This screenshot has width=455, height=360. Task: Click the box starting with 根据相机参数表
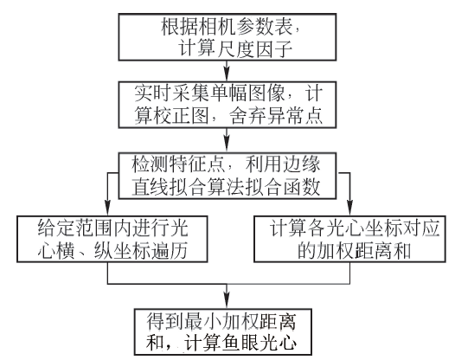click(x=227, y=37)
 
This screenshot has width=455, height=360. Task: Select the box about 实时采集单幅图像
click(x=227, y=105)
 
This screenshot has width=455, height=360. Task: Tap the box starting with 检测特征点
click(x=227, y=176)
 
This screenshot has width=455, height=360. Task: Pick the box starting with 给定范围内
click(x=112, y=239)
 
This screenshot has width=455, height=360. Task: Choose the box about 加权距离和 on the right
click(x=349, y=239)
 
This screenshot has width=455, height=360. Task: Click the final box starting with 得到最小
click(x=223, y=331)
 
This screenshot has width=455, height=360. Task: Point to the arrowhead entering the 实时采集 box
click(x=227, y=75)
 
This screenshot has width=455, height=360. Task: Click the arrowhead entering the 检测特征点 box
click(x=227, y=146)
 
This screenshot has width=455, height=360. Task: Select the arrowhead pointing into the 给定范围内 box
click(x=107, y=209)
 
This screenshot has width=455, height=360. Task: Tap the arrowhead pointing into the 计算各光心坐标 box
click(x=349, y=209)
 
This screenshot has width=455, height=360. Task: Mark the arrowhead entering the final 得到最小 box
click(x=227, y=303)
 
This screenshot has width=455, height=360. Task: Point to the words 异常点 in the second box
click(x=294, y=116)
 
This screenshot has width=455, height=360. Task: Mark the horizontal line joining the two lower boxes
click(x=228, y=284)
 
